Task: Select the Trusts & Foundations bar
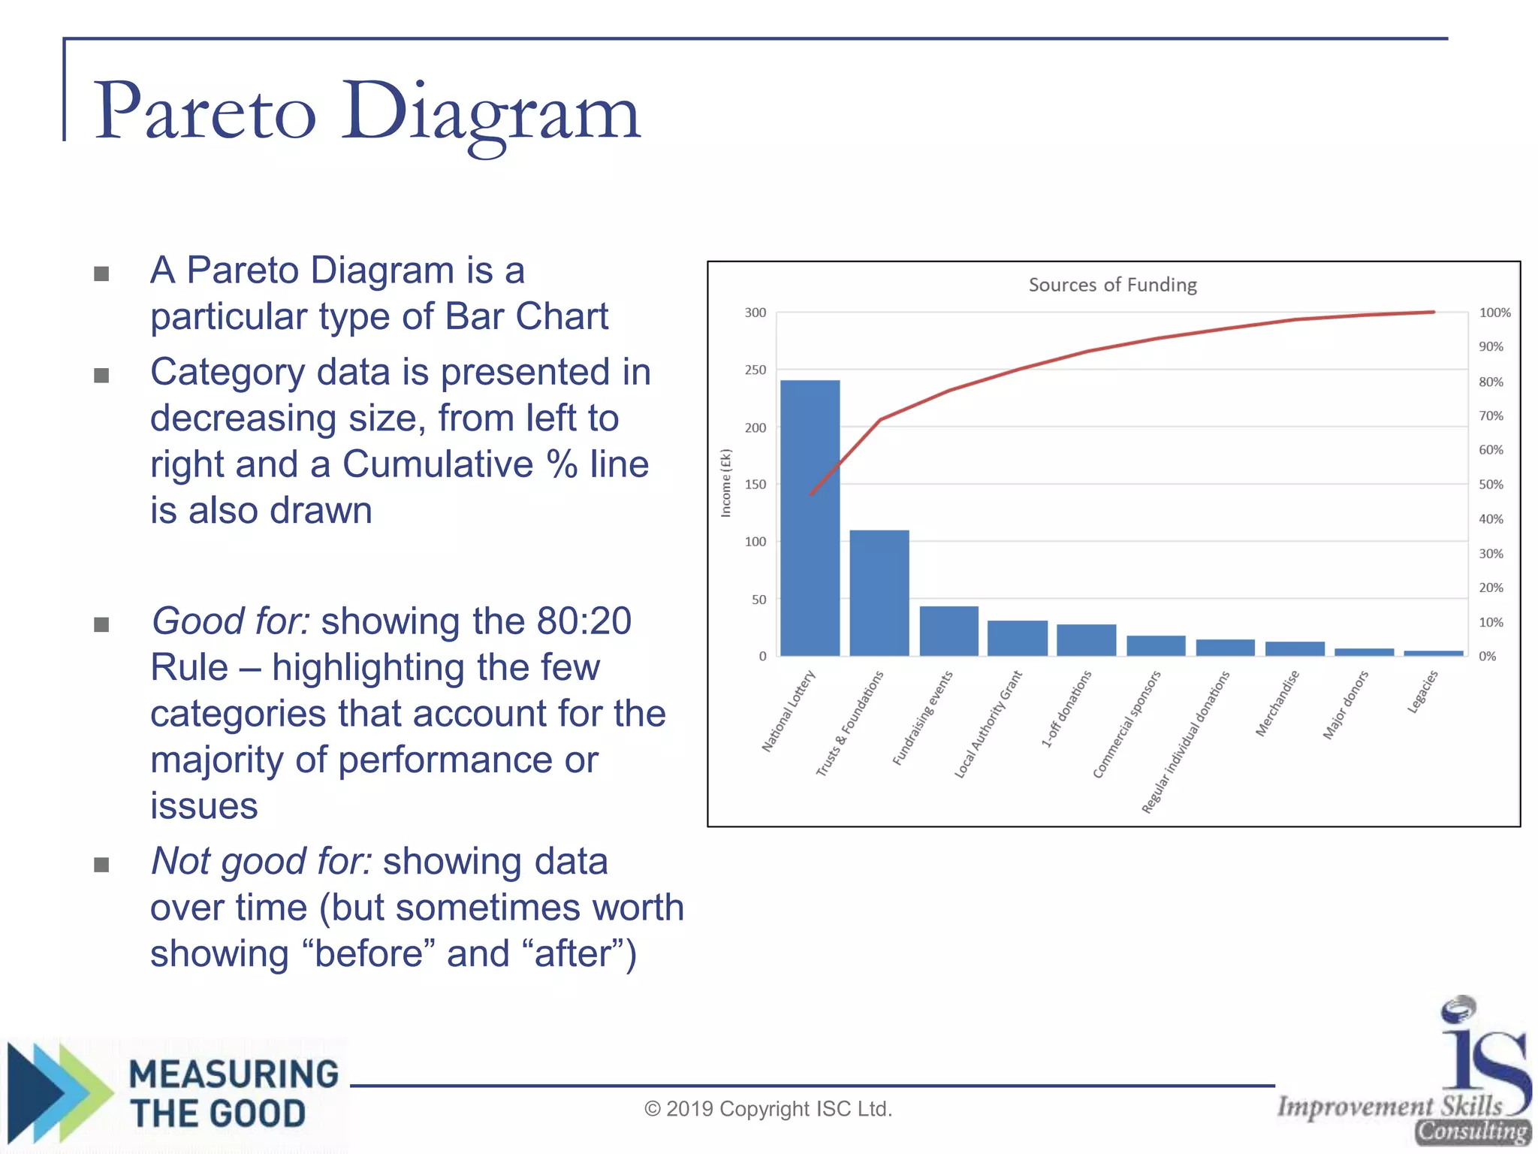(879, 594)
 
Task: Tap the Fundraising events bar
(948, 631)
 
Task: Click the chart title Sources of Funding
(1112, 285)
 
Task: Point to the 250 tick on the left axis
(755, 370)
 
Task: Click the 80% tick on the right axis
(1491, 382)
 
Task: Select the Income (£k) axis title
(725, 483)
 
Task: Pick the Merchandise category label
(1277, 703)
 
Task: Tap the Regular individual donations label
(1186, 742)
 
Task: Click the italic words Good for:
(231, 621)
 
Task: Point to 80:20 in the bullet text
(584, 621)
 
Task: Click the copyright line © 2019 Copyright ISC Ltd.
(767, 1109)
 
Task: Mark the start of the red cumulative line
(811, 494)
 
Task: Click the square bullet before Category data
(101, 375)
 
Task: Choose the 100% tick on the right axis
(1494, 313)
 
